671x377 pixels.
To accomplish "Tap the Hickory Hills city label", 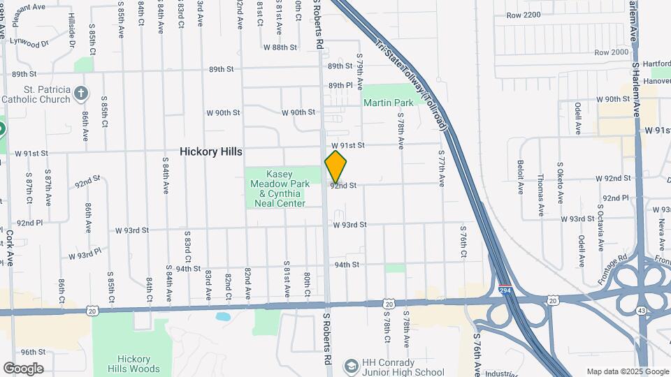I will (x=210, y=151).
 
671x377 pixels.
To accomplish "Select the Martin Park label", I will (x=389, y=103).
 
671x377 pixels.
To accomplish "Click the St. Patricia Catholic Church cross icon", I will (x=81, y=93).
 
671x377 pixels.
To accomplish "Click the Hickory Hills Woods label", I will (x=134, y=364).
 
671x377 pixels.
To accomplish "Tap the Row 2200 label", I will (x=524, y=15).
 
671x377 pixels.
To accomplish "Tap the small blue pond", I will (x=223, y=317).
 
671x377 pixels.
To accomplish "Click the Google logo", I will (x=23, y=369).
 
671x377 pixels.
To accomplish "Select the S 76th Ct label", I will (x=463, y=242).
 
